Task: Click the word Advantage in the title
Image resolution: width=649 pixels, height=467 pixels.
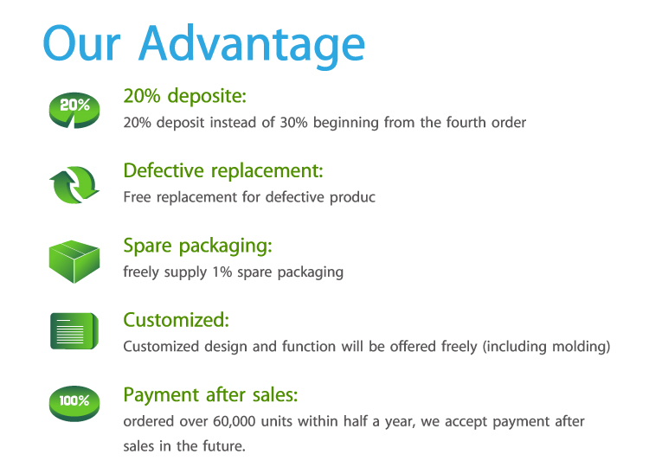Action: click(x=252, y=46)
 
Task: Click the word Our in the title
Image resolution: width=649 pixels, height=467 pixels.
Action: click(x=81, y=43)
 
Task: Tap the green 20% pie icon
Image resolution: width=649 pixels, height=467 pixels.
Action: click(x=74, y=110)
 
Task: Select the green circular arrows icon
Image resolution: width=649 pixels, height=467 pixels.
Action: click(x=74, y=185)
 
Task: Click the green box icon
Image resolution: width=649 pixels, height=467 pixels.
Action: click(x=74, y=261)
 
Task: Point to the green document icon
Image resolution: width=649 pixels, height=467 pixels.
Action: click(x=74, y=331)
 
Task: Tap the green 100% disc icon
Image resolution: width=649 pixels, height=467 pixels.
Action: click(x=74, y=404)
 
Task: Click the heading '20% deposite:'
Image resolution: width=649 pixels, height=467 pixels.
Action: click(x=185, y=96)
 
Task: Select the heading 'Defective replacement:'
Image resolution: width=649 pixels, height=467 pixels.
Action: click(x=223, y=170)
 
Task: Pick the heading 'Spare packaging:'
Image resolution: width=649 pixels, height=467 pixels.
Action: click(x=198, y=246)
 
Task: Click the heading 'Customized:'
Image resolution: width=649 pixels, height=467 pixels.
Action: click(x=177, y=320)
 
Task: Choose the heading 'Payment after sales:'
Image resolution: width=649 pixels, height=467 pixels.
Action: click(x=210, y=395)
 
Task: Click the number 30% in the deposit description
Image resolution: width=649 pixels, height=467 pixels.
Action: click(x=294, y=123)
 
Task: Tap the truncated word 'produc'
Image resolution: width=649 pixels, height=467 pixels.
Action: click(x=353, y=198)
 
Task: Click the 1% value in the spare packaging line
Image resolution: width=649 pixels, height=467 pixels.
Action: click(x=222, y=272)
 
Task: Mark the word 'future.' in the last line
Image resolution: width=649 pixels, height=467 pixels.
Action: click(x=224, y=446)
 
